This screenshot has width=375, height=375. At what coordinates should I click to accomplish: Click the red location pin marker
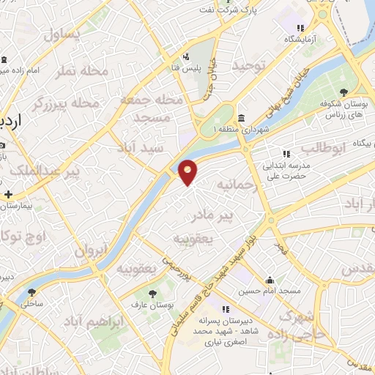(188, 171)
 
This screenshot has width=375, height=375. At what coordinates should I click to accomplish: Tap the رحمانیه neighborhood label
(235, 186)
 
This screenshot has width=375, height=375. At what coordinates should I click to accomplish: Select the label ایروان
(91, 250)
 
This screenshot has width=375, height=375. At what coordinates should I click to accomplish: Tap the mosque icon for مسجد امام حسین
(270, 280)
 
